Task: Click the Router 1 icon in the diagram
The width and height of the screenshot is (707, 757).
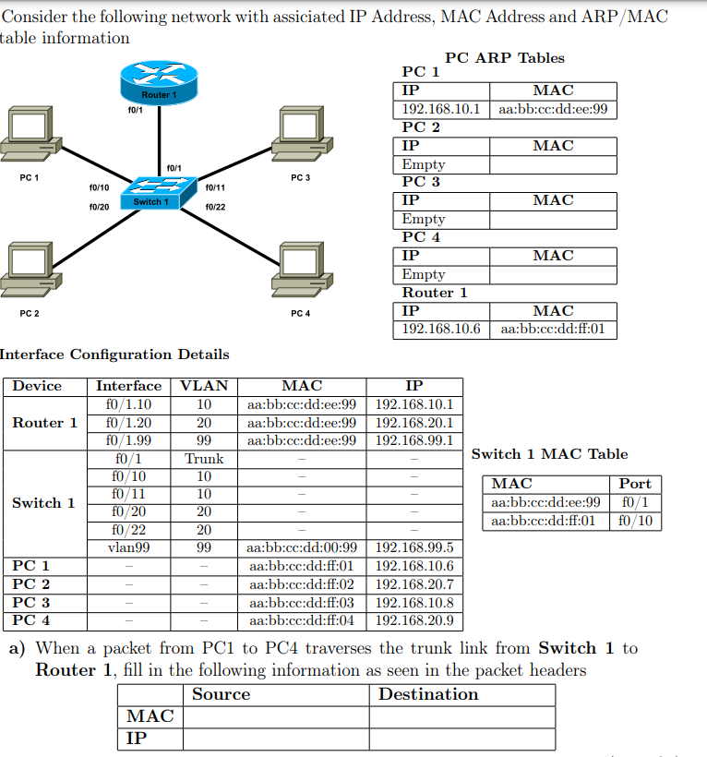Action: (x=160, y=82)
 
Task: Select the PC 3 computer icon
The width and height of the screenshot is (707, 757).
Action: (x=300, y=133)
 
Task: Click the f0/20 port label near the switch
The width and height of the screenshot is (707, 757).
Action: (x=99, y=207)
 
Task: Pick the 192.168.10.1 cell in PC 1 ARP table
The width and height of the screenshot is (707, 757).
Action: (x=442, y=109)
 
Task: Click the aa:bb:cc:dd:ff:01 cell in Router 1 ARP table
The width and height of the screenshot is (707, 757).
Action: (x=553, y=329)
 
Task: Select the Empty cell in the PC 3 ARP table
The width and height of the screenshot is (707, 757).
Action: (x=424, y=219)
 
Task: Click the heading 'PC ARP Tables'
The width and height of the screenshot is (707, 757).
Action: (x=504, y=57)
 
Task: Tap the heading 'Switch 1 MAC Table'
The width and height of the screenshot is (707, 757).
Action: (x=549, y=453)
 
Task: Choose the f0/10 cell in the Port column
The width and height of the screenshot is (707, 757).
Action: (x=635, y=521)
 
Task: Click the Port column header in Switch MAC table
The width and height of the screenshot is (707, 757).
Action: (x=635, y=484)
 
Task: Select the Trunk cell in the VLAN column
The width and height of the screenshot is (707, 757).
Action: (x=204, y=459)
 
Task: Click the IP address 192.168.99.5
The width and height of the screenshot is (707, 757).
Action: (x=414, y=547)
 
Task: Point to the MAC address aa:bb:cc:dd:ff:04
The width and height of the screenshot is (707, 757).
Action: (x=302, y=620)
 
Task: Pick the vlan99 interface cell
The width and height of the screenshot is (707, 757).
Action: (x=128, y=547)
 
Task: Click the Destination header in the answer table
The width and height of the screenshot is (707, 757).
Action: (x=428, y=694)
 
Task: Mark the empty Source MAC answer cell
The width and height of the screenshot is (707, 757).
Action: (x=276, y=716)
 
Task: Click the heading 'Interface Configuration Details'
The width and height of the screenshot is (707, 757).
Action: (x=114, y=354)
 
